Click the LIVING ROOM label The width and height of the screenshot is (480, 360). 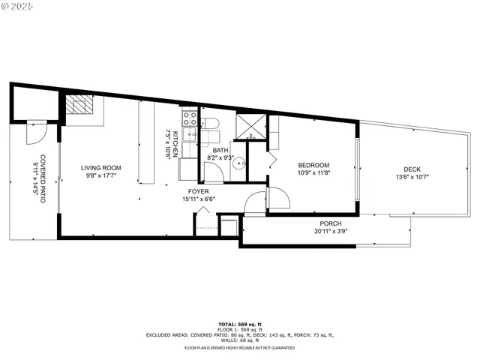(101, 168)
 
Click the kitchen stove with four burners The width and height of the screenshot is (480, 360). (188, 118)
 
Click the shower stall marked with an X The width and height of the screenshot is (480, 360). (251, 126)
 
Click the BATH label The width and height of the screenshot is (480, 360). (220, 149)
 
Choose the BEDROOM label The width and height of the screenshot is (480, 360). (313, 166)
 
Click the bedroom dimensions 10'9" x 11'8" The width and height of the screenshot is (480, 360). (313, 174)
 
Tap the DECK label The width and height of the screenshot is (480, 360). (412, 169)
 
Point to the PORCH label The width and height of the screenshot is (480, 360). (331, 223)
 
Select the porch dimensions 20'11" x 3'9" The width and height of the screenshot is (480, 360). (331, 232)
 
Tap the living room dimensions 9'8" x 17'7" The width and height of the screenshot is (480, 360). (101, 176)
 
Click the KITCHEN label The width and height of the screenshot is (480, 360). (175, 142)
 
